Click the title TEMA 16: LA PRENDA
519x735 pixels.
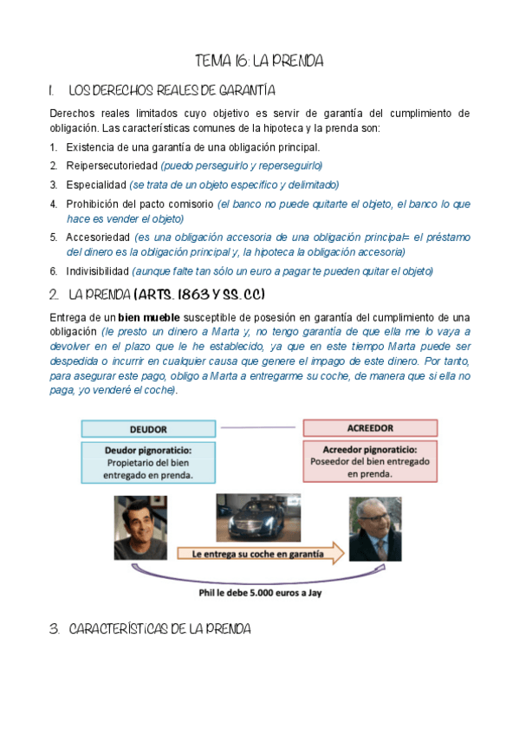click(259, 61)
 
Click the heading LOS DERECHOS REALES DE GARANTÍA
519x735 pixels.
click(172, 90)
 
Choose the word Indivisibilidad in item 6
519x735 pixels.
click(98, 271)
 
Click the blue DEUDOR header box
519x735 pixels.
click(148, 429)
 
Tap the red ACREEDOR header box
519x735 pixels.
click(369, 428)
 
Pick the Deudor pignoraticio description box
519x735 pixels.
click(148, 463)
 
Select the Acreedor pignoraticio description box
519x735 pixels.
click(369, 462)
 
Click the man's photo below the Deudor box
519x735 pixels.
click(141, 527)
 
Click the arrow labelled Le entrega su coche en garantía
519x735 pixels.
click(260, 552)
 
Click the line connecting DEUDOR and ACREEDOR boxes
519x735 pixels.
click(259, 428)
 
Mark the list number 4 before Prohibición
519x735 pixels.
click(54, 205)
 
